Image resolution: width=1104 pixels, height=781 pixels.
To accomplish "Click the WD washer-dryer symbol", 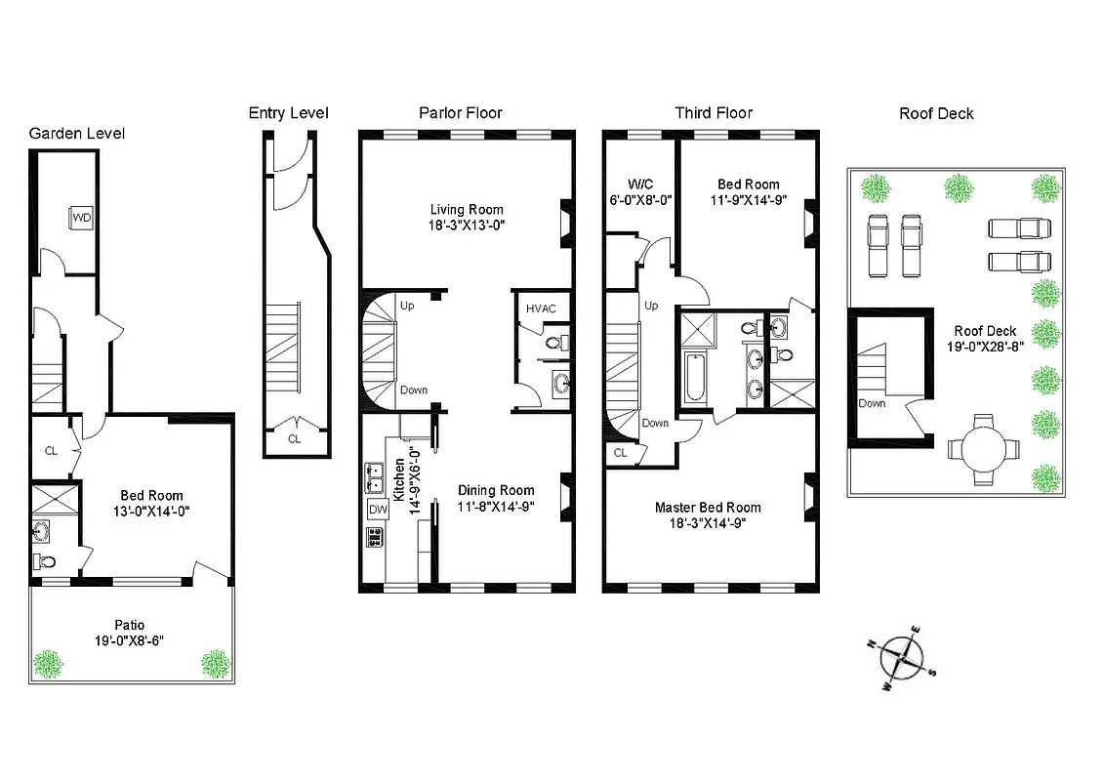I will tap(81, 218).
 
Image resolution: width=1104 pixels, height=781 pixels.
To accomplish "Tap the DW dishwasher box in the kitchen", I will tap(377, 509).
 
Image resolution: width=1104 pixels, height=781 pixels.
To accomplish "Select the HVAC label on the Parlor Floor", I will tap(541, 308).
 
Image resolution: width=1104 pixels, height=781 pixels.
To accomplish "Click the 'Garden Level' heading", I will tap(77, 134).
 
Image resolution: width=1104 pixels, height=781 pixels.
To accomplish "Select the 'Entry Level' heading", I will tap(288, 113).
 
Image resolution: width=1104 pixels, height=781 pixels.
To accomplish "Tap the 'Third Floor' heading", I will tap(714, 113).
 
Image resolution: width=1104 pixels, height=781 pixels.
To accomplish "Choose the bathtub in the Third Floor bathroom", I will tap(694, 379).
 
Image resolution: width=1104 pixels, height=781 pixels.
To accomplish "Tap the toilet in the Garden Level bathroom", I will tap(44, 561).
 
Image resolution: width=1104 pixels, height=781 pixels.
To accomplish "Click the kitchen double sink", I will tap(376, 477).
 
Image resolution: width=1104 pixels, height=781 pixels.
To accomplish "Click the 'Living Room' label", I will tap(468, 209).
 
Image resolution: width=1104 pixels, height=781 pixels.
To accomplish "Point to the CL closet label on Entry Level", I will tap(294, 439).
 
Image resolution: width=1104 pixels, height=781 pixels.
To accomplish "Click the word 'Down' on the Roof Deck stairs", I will tap(873, 403).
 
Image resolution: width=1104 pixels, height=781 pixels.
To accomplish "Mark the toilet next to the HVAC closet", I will tap(555, 343).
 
